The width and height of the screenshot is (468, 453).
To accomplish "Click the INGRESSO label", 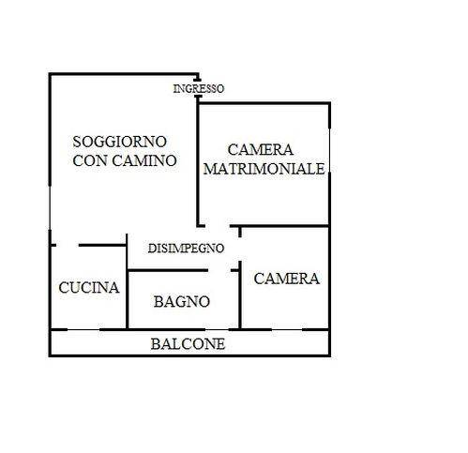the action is [x=199, y=89].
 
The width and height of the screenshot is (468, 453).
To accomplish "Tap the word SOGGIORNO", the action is [x=119, y=142].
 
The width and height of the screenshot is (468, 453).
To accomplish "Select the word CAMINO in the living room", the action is [x=144, y=160].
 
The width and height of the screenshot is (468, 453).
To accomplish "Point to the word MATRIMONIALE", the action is [x=264, y=169].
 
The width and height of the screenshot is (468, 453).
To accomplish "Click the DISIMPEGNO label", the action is [x=186, y=249].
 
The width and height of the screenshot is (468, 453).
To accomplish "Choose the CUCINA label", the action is [x=89, y=288].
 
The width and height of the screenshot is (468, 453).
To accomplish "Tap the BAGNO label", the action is [x=182, y=302].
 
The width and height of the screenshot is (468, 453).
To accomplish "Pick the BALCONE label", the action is [x=188, y=344].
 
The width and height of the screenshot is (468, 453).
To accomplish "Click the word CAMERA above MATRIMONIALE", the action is [x=261, y=150].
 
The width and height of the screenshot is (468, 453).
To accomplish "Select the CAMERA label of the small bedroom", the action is [x=287, y=279].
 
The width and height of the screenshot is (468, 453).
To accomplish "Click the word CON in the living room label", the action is [x=90, y=160].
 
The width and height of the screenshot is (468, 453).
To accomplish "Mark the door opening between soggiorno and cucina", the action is [x=68, y=245].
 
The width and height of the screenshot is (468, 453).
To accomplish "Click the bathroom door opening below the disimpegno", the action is [x=219, y=270].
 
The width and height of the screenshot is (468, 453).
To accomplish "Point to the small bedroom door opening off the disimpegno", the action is [x=240, y=249].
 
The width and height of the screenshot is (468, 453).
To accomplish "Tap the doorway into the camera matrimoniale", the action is [x=218, y=226].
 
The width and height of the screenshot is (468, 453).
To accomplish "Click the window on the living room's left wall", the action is [x=50, y=207].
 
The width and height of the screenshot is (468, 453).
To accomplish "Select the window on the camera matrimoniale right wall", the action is [x=329, y=150].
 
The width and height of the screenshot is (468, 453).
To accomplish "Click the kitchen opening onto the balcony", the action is [x=83, y=329].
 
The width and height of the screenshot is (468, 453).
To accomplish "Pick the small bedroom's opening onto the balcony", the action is [x=287, y=329].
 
